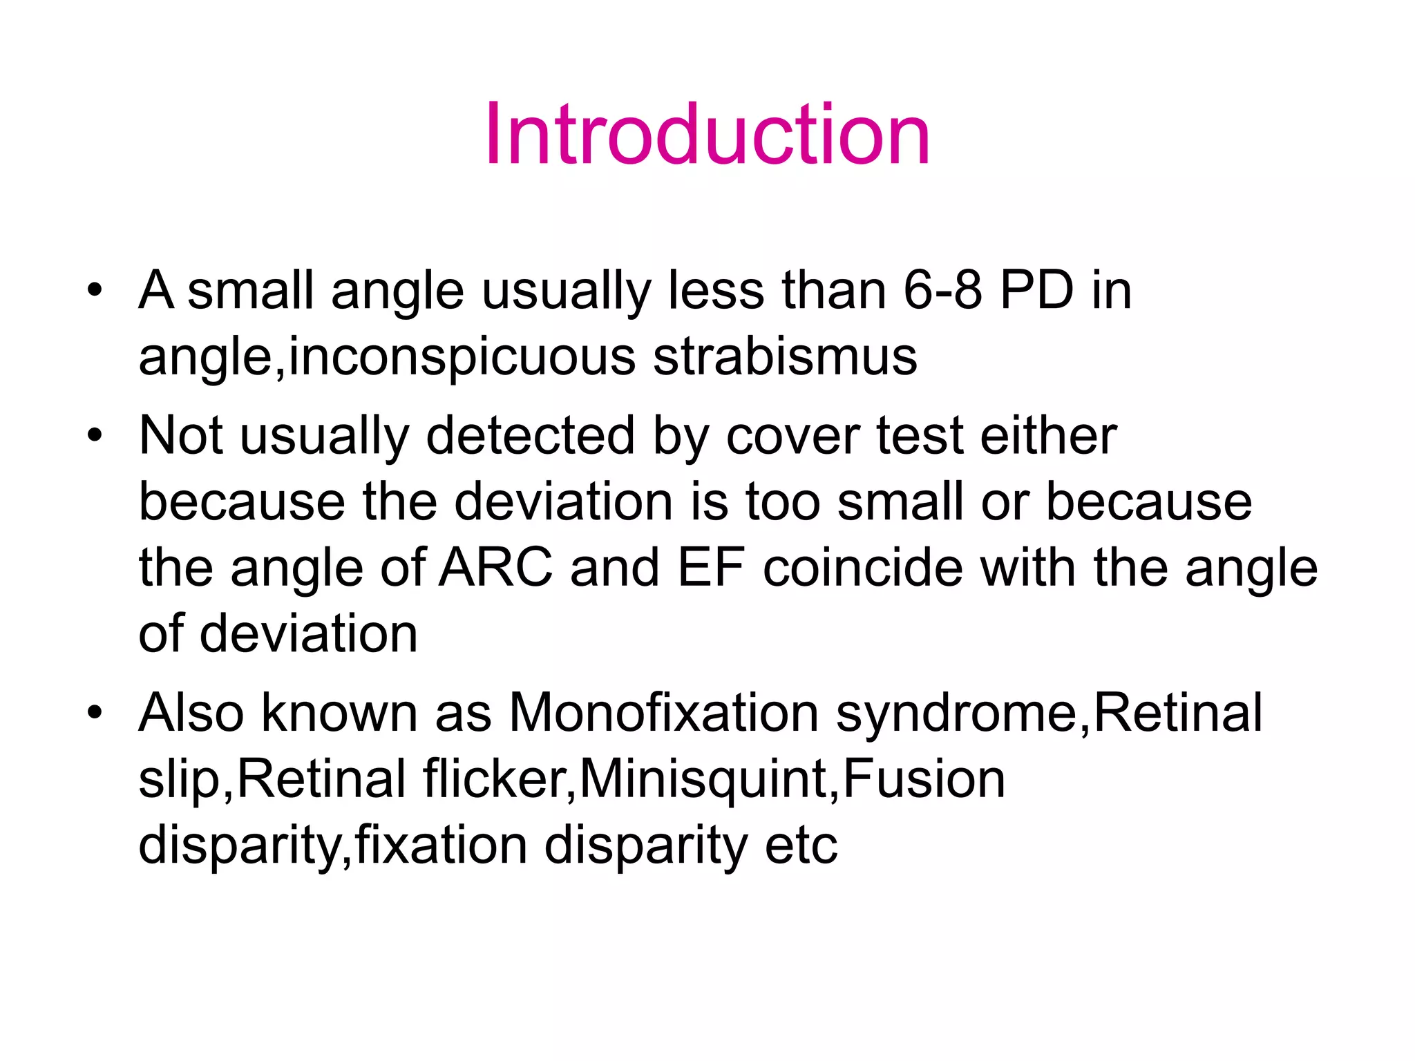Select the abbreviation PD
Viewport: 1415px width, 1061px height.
click(1036, 290)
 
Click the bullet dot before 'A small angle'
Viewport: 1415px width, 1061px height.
click(95, 289)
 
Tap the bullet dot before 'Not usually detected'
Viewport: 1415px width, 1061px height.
click(95, 435)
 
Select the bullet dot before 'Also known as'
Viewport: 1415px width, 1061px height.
click(95, 712)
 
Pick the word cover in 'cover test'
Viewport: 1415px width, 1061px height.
click(792, 437)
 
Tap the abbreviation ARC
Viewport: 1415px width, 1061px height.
click(496, 568)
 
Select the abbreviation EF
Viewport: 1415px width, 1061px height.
click(710, 568)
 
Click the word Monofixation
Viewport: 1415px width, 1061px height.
click(663, 712)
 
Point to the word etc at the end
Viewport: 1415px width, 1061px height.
click(801, 845)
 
